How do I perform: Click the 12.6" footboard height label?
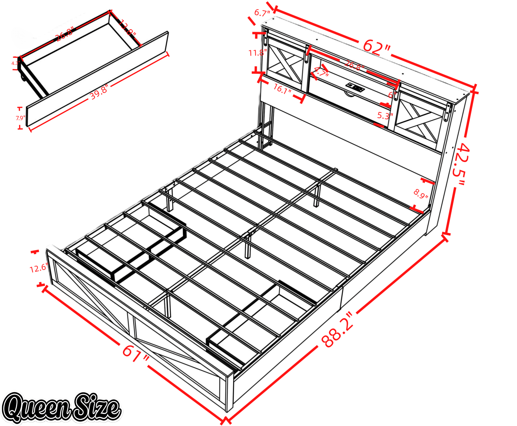point(38,268)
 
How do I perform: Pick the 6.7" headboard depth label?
point(262,13)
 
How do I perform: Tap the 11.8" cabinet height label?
point(257,53)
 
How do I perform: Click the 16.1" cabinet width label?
point(282,89)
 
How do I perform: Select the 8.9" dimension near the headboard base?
point(421,194)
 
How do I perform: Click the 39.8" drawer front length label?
point(99,92)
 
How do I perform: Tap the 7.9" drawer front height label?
point(20,118)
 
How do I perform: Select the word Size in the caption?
point(96,407)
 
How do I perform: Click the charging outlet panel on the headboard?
point(355,85)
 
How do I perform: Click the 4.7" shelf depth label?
point(321,73)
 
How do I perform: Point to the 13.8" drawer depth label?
point(128,28)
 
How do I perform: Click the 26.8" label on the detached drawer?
point(64,34)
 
